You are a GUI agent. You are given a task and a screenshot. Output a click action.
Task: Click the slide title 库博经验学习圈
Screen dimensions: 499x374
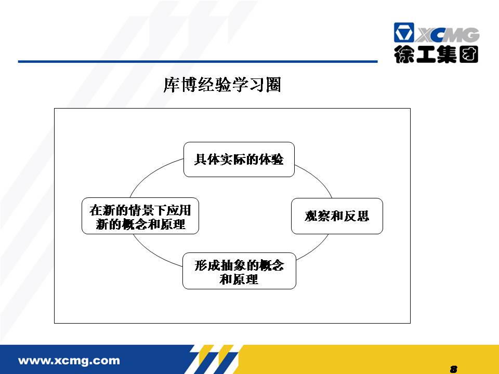222,85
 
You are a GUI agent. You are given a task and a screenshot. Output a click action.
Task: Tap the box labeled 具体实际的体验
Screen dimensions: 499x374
239,159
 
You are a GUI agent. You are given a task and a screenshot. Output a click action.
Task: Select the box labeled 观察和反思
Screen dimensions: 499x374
337,216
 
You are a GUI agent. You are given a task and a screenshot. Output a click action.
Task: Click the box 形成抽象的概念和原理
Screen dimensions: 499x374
239,271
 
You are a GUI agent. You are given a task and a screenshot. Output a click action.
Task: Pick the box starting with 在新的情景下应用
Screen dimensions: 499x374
140,216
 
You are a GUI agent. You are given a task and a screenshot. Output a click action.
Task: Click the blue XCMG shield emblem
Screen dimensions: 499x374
404,32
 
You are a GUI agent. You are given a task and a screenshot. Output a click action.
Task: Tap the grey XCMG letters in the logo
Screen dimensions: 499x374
447,35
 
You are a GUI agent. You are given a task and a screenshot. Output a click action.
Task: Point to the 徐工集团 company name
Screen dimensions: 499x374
436,55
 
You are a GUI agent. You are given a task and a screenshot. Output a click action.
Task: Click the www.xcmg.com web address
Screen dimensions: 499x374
69,360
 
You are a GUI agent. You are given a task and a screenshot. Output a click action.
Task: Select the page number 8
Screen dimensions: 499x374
454,369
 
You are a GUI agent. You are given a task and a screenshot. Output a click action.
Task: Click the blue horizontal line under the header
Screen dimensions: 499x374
198,61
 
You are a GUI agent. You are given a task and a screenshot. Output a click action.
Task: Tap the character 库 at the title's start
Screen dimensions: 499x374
172,85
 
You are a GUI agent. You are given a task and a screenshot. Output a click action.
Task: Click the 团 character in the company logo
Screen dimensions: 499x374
469,55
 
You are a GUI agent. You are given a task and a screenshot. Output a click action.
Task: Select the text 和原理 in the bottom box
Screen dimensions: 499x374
239,279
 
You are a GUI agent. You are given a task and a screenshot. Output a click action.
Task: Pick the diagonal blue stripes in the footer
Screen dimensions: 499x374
216,359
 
